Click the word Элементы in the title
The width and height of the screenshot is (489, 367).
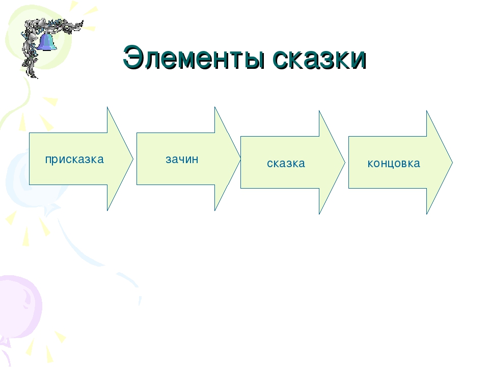point(194,58)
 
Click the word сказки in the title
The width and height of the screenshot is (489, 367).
point(319,58)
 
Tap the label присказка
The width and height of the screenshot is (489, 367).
point(74,160)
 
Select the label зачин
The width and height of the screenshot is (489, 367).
point(182,159)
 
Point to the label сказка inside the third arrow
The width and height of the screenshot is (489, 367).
point(286,163)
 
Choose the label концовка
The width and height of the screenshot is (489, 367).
point(394,164)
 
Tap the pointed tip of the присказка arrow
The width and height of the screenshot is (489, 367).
point(133,159)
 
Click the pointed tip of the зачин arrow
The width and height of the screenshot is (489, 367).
point(240,159)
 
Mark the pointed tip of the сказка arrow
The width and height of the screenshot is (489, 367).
point(345,162)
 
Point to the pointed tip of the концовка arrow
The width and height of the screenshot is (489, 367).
point(452,162)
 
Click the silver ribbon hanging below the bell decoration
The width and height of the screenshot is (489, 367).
point(30,62)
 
